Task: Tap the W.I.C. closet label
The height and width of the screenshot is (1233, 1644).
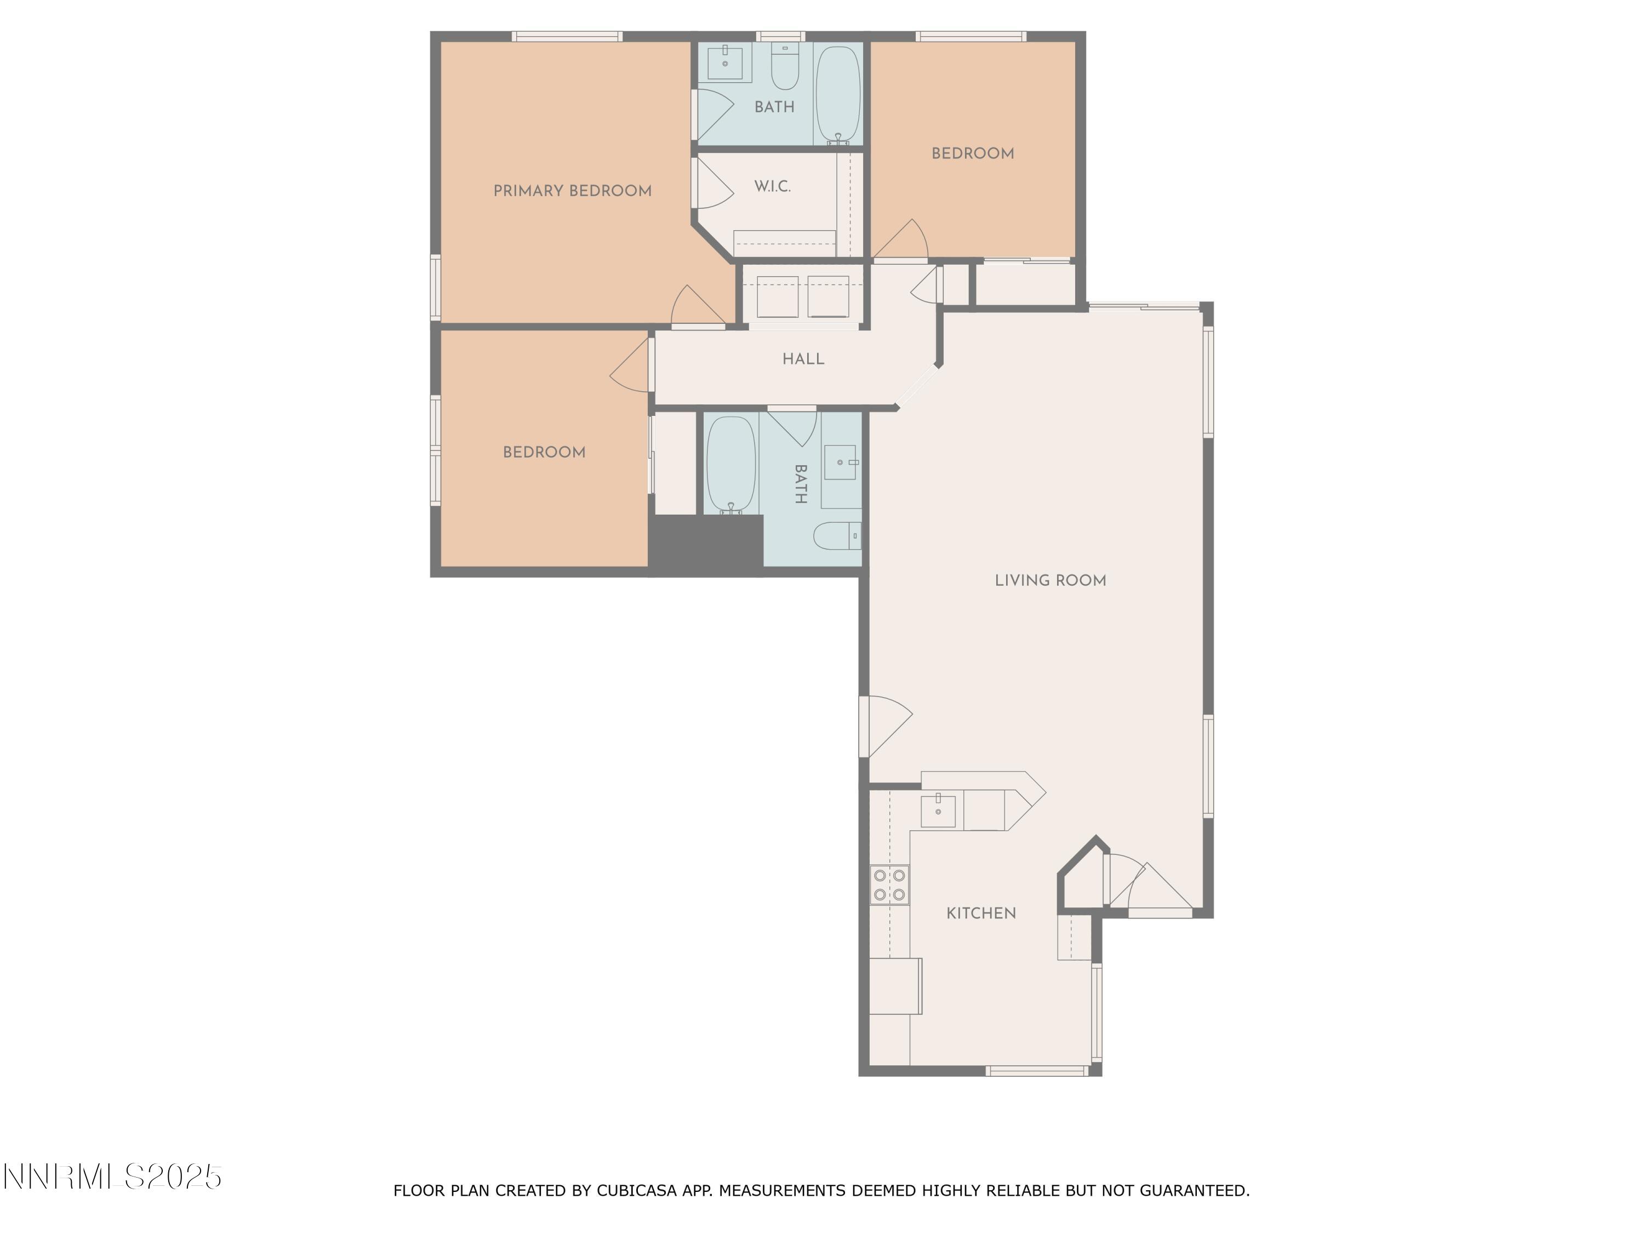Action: click(772, 186)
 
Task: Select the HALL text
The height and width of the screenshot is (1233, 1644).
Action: click(803, 359)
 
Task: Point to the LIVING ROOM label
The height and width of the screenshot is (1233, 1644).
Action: click(1049, 580)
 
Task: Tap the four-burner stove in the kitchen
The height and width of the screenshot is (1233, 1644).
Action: click(889, 885)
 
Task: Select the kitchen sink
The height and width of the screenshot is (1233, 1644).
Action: click(938, 809)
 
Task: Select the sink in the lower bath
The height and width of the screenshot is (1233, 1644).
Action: click(840, 463)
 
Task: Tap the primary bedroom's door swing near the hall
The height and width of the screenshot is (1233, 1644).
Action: click(697, 306)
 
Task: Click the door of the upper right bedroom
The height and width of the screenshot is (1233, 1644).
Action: click(901, 240)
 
